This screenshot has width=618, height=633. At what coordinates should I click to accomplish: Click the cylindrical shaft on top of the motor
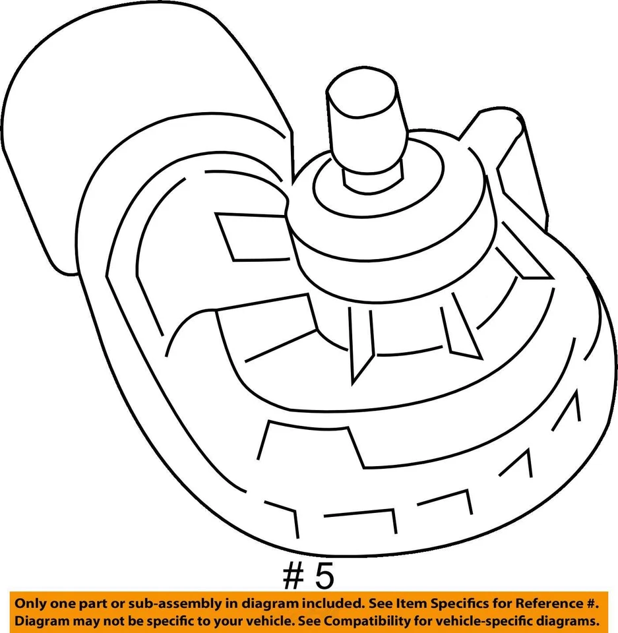[365, 129]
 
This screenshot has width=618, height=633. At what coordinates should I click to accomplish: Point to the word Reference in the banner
[541, 604]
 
